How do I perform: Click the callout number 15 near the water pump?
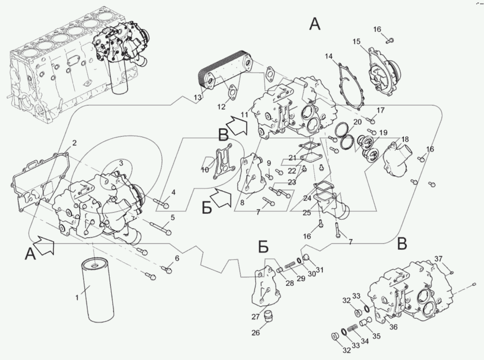pos(357,42)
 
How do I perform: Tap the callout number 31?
pos(319,269)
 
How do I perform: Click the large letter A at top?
pos(315,24)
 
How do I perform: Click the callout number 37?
pos(439,258)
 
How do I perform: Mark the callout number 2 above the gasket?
pos(75,143)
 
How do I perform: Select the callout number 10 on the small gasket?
pos(205,170)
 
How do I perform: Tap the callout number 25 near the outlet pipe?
pos(307,213)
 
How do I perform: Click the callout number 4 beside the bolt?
pos(173,193)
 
